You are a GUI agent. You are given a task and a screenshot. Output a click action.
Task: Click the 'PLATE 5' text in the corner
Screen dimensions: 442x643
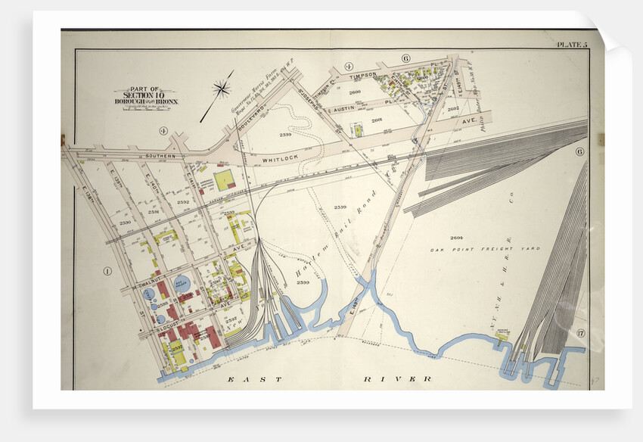(x=571, y=45)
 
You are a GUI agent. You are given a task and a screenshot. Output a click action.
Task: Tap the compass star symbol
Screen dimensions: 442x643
(x=222, y=89)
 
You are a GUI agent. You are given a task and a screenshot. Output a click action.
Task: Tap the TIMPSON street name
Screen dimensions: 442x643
(x=362, y=76)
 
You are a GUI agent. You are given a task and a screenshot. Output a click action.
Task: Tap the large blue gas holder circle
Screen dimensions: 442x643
(x=183, y=284)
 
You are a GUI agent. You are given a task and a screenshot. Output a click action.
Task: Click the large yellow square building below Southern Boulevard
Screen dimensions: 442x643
(x=225, y=180)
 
